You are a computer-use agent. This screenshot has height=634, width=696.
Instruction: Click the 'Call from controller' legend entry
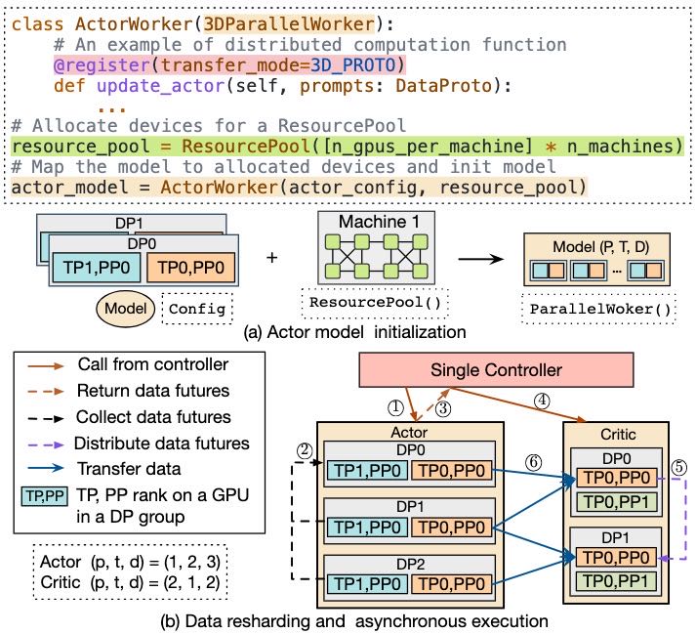142,365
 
